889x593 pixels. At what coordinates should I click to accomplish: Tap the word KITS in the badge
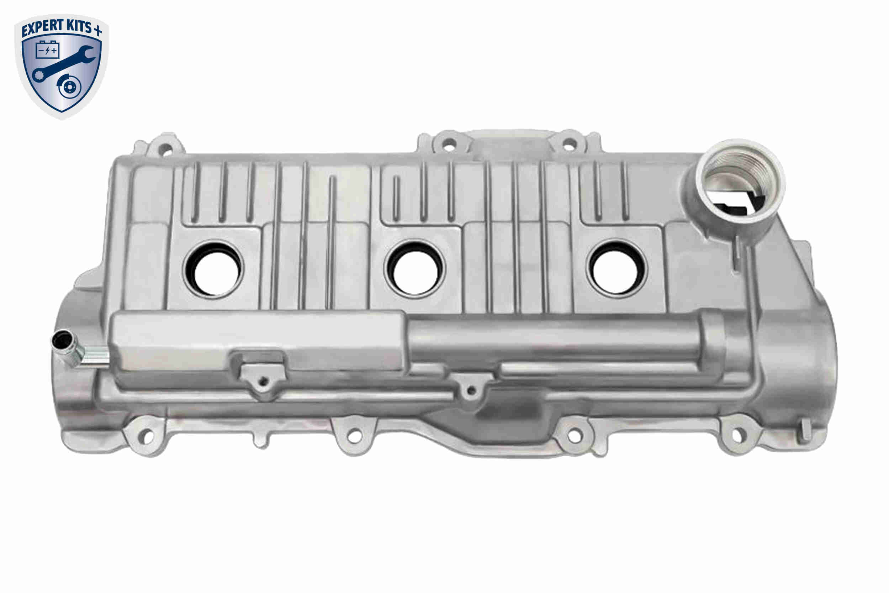click(78, 26)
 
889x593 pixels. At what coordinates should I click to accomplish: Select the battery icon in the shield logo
click(48, 49)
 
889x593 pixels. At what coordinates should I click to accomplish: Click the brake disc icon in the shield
click(70, 86)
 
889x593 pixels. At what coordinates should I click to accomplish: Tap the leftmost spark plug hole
click(213, 269)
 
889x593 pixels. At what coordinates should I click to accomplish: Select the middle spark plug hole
click(415, 269)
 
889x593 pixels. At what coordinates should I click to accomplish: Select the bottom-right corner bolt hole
click(737, 435)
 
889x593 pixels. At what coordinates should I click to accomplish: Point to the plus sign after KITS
click(97, 30)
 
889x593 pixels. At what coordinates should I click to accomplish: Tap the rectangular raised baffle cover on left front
click(257, 340)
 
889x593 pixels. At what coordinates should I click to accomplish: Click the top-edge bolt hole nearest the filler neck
click(569, 144)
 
